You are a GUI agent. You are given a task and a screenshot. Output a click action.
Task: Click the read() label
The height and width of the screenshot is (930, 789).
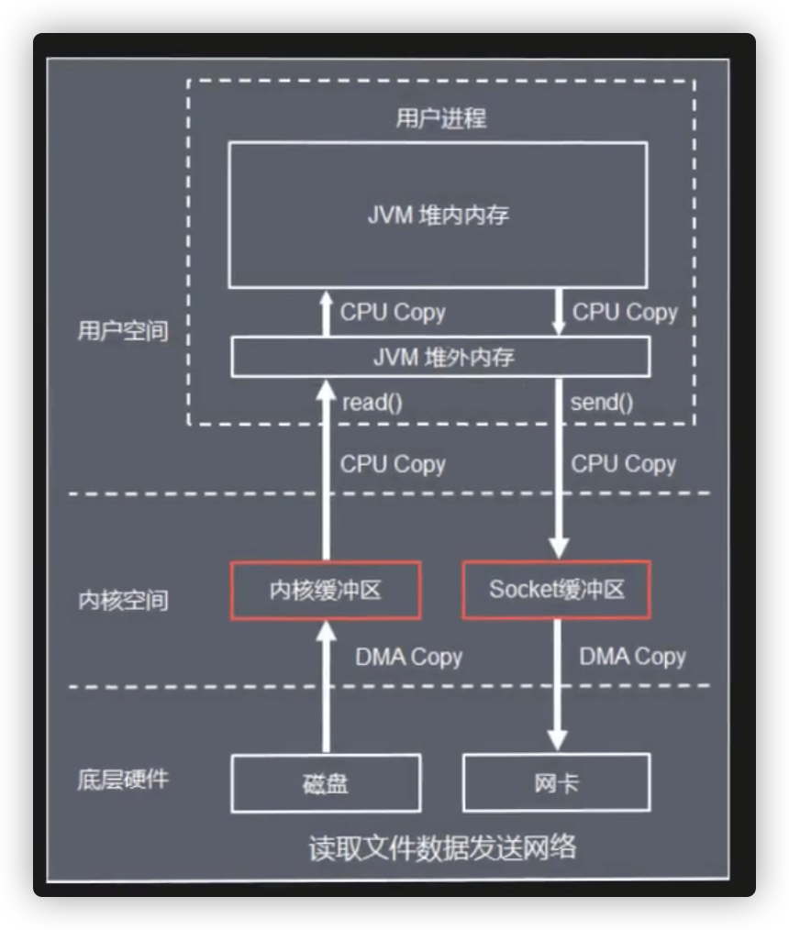click(372, 403)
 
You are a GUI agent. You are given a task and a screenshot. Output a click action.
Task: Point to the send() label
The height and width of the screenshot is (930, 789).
click(602, 403)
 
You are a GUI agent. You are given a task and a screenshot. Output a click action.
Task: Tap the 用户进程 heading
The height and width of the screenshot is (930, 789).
click(441, 118)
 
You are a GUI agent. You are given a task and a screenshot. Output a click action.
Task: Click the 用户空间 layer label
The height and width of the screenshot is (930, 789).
click(123, 330)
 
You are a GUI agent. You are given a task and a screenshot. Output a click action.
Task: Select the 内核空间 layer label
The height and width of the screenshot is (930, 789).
click(123, 600)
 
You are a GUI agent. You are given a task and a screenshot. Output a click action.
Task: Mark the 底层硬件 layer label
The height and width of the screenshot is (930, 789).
click(123, 780)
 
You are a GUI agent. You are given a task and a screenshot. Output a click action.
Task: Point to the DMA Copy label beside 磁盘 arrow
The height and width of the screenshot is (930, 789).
click(409, 658)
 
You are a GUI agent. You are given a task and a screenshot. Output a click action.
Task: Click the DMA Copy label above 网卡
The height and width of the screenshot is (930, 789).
click(632, 657)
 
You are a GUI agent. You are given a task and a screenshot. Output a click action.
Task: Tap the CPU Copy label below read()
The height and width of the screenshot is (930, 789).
click(393, 464)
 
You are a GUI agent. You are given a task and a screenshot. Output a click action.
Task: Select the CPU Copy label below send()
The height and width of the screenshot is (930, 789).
click(624, 464)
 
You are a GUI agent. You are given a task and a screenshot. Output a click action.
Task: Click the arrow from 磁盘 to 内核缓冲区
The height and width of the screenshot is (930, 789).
click(327, 687)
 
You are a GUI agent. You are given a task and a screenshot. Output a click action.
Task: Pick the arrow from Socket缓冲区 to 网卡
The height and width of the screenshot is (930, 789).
click(558, 685)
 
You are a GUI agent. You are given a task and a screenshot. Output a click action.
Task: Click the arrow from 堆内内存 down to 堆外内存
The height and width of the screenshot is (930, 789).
click(558, 312)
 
